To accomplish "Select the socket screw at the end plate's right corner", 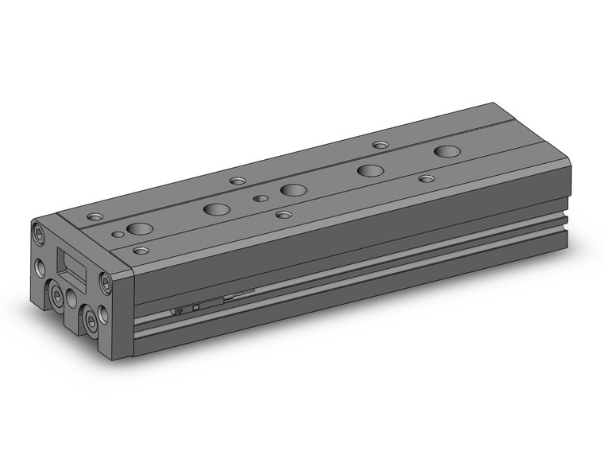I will (x=106, y=280).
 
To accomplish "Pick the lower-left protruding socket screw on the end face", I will (x=58, y=296).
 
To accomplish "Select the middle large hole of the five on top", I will (x=293, y=190).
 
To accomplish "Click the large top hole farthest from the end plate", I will (x=447, y=151).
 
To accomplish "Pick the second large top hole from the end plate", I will (x=216, y=210).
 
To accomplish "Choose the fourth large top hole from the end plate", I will (x=370, y=170).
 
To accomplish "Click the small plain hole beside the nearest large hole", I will (x=118, y=234).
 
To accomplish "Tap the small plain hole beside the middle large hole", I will (x=259, y=199).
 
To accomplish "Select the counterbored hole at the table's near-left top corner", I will (x=96, y=216).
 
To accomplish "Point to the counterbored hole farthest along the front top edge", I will (x=428, y=179).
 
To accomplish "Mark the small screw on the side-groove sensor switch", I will (x=179, y=309).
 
